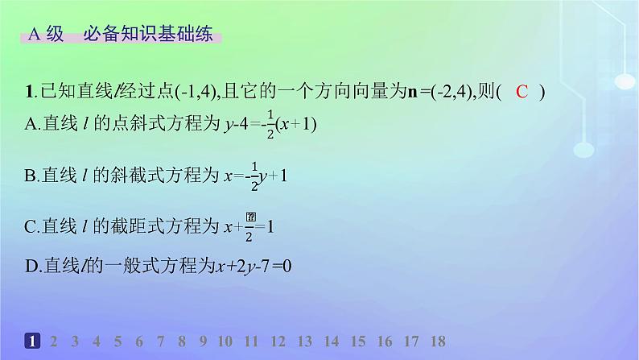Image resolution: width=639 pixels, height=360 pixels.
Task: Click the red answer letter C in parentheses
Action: (x=522, y=92)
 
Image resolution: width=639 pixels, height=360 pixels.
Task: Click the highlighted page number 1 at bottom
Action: (x=31, y=341)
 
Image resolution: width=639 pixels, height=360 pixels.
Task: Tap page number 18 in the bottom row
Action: (x=436, y=341)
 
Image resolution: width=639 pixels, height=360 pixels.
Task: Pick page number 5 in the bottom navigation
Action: (x=117, y=341)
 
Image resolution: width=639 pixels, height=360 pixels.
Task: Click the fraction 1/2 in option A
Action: (x=270, y=125)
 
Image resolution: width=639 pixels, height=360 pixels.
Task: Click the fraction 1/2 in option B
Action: (x=254, y=175)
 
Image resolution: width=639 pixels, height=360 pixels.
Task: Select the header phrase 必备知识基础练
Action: (x=152, y=35)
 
